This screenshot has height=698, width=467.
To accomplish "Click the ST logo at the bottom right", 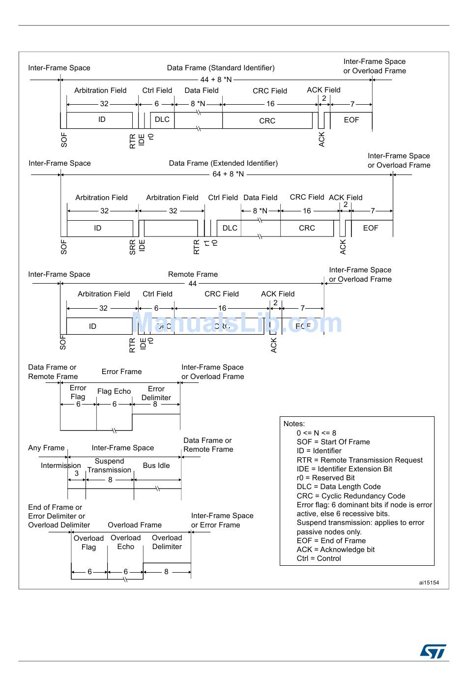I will pos(433,651).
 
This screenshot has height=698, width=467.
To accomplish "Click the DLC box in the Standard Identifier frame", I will pos(162,119).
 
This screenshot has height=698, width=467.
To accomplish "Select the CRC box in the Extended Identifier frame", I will pos(307,228).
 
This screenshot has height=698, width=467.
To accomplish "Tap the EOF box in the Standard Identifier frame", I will pos(351,120).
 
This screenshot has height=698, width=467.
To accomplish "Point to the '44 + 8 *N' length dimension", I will pos(216,80).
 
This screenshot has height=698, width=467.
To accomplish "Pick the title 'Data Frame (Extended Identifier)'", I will pos(223,163).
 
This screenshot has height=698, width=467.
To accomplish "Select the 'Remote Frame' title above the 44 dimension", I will pos(193,274).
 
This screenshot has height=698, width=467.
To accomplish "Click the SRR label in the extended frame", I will pos(133,247).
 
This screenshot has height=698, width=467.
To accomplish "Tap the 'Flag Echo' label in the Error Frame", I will pos(114,391).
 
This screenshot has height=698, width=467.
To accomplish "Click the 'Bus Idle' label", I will pos(156,465).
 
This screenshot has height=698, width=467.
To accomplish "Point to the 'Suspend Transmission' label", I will pos(109,465).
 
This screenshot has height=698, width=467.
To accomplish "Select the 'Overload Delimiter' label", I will pos(167,542).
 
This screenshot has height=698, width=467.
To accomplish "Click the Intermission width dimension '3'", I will pos(77,473).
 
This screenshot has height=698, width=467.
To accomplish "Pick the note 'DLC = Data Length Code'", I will pos(339,487).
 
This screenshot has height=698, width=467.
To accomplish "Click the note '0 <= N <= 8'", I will pos(317,433).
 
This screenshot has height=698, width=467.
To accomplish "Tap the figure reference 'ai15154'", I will pos(429,582).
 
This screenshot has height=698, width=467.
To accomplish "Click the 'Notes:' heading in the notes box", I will pos(294,424).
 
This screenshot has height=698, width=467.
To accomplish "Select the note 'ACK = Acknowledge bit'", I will pos(335,550).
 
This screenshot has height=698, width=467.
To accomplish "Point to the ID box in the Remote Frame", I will pos(92,326).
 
